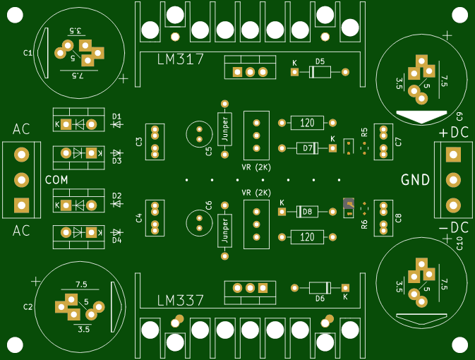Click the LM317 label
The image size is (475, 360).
[x=181, y=60]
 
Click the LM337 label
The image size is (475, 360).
[x=181, y=300]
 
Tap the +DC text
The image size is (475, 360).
[x=454, y=132]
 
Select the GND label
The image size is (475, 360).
[x=416, y=180]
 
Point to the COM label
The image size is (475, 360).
[x=56, y=180]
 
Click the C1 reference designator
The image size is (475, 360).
[x=28, y=53]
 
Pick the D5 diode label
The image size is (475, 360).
[x=320, y=61]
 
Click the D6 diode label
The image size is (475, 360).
[x=320, y=299]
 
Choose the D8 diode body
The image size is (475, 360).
[x=308, y=211]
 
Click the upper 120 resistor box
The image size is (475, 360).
[x=307, y=123]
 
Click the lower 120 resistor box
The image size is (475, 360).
[x=307, y=236]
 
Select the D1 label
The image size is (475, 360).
[x=117, y=116]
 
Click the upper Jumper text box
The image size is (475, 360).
[x=225, y=128]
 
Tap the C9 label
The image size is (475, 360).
[x=459, y=116]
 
